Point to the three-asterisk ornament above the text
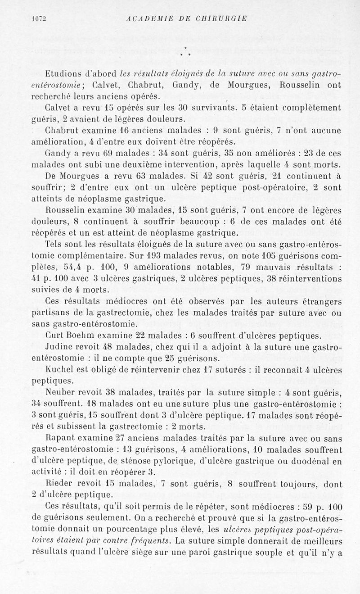click(x=185, y=52)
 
